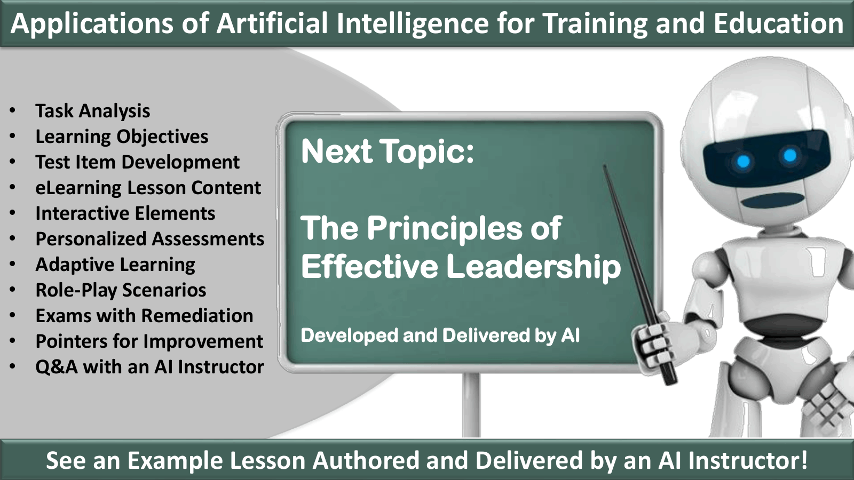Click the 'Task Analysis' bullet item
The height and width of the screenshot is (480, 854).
pyautogui.click(x=93, y=111)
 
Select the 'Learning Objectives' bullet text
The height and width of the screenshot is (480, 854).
pyautogui.click(x=122, y=137)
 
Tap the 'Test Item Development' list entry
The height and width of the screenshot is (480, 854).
pyautogui.click(x=137, y=162)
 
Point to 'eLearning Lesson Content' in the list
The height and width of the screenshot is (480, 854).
pyautogui.click(x=148, y=187)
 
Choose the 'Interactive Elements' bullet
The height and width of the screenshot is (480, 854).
pyautogui.click(x=125, y=213)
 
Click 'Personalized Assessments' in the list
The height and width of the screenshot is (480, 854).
pyautogui.click(x=150, y=239)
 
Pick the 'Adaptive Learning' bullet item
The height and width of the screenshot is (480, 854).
pyautogui.click(x=115, y=265)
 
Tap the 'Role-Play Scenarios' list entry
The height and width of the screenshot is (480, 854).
pyautogui.click(x=121, y=290)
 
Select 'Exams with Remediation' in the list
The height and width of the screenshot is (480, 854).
pyautogui.click(x=144, y=315)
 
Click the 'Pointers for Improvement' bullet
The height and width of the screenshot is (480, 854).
pyautogui.click(x=149, y=341)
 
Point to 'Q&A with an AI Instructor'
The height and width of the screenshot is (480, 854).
pyautogui.click(x=149, y=366)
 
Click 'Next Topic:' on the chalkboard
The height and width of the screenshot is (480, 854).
pyautogui.click(x=388, y=151)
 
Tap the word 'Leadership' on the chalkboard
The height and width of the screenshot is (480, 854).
pyautogui.click(x=533, y=266)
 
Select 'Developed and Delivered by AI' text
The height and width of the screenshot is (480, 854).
pyautogui.click(x=440, y=335)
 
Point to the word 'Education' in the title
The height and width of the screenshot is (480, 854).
pyautogui.click(x=779, y=23)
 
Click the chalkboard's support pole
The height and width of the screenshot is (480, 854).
pyautogui.click(x=471, y=405)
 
